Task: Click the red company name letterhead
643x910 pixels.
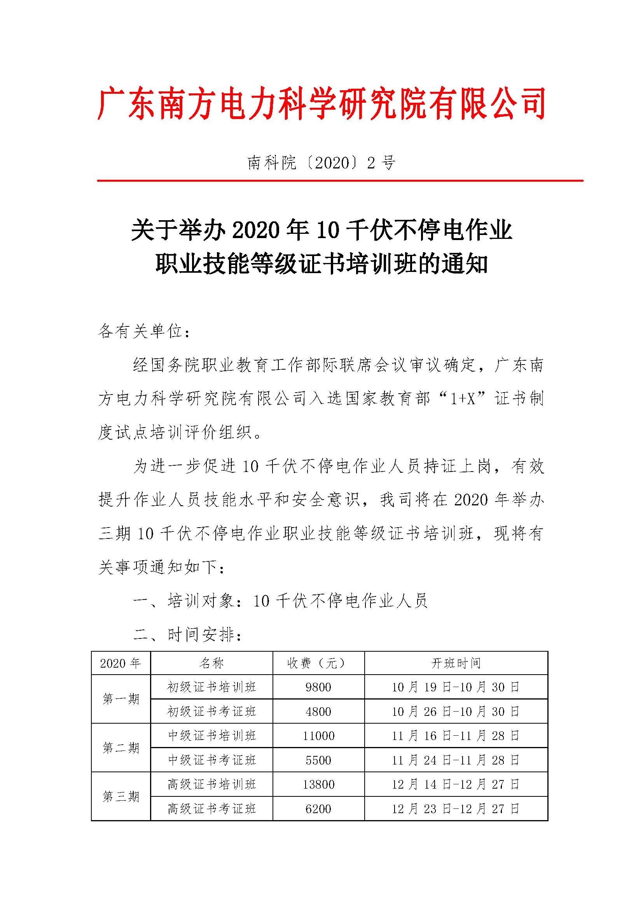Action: tap(321, 104)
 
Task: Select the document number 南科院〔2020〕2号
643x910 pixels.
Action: tap(321, 163)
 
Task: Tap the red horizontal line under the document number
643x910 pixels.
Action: tap(340, 181)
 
